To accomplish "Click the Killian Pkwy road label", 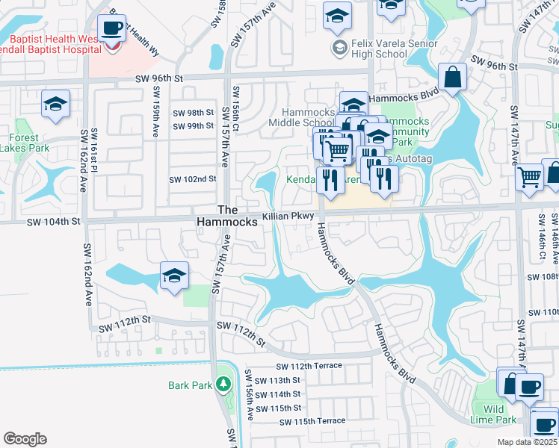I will tap(286, 217).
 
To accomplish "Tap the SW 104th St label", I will tap(53, 222).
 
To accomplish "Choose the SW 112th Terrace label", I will tap(309, 366).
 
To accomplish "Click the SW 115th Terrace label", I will tap(312, 422).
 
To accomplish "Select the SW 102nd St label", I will tap(192, 179).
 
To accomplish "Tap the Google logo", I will tap(25, 439).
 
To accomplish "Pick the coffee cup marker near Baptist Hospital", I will tap(112, 30).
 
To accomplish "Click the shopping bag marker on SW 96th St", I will tap(453, 78).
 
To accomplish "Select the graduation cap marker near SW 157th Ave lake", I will tap(173, 278).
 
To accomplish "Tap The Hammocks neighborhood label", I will tap(227, 216).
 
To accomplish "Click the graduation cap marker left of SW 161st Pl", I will tap(55, 105).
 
